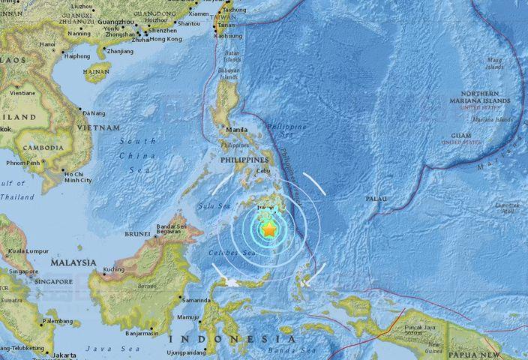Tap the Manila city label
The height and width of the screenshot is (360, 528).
tap(236, 130)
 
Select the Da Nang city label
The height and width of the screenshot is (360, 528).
tap(94, 112)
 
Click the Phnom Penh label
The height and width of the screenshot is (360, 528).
tap(23, 163)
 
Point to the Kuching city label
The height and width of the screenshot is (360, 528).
tap(115, 268)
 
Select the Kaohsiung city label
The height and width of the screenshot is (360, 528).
tap(228, 35)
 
